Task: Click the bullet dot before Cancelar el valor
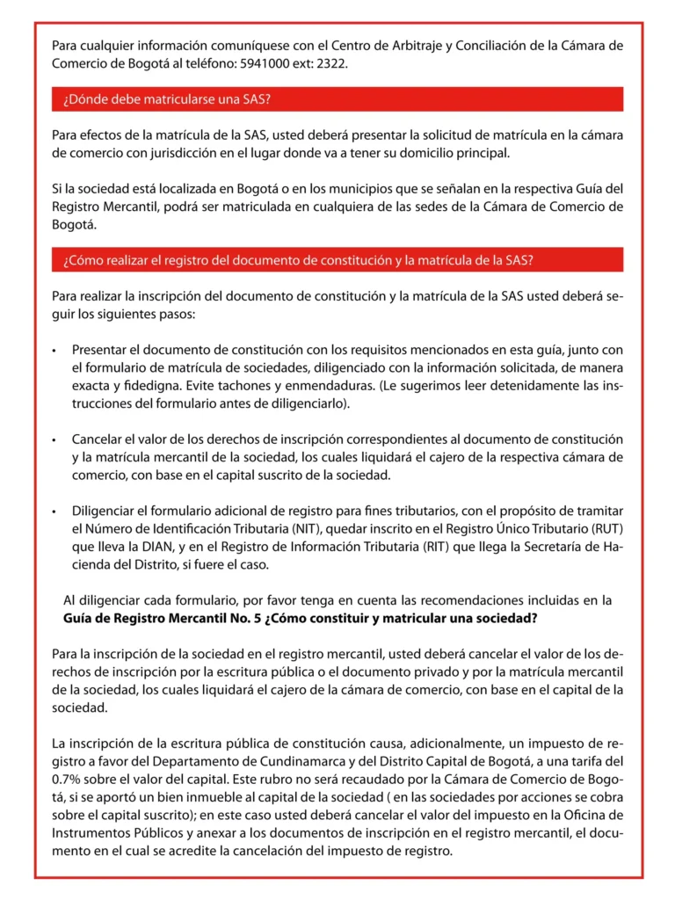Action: [x=54, y=439]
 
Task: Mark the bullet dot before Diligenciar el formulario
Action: [x=54, y=512]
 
